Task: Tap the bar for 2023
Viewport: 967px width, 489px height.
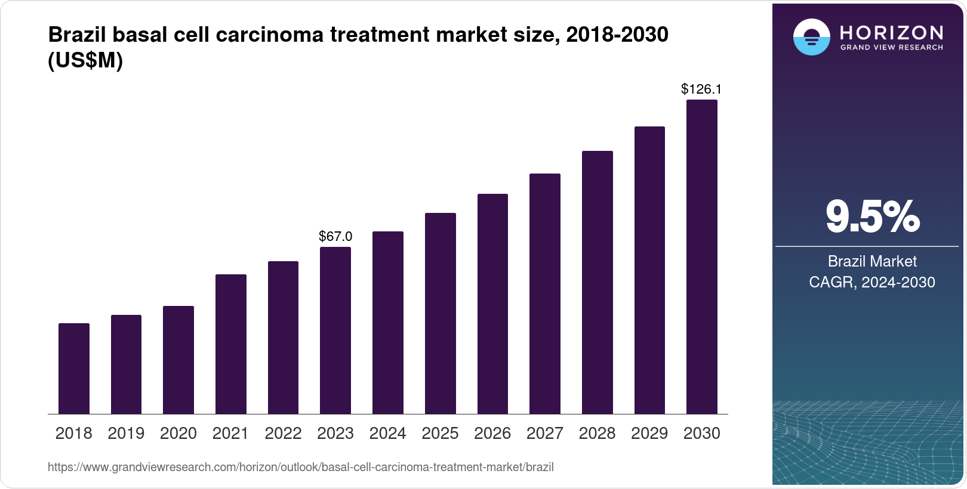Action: (x=335, y=330)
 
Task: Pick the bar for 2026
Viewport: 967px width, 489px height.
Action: (x=492, y=304)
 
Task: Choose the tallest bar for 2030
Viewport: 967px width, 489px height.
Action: (x=702, y=256)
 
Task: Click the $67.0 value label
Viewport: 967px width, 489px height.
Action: (x=335, y=236)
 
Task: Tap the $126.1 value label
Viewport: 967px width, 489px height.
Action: (x=701, y=89)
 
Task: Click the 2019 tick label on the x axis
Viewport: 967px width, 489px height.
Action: (x=126, y=434)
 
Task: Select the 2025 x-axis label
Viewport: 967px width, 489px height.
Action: (x=440, y=434)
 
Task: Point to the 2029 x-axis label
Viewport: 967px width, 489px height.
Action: (x=649, y=434)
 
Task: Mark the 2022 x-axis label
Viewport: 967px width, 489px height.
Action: (x=283, y=434)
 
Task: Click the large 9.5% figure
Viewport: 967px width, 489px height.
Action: (x=872, y=217)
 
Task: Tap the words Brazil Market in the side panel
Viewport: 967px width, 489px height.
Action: (x=872, y=261)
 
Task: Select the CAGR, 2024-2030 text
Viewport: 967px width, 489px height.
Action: (x=872, y=282)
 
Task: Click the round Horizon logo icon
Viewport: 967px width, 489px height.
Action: (x=811, y=37)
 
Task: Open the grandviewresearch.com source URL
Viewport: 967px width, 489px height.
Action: (x=300, y=468)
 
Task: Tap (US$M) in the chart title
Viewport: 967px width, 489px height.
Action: (x=85, y=60)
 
